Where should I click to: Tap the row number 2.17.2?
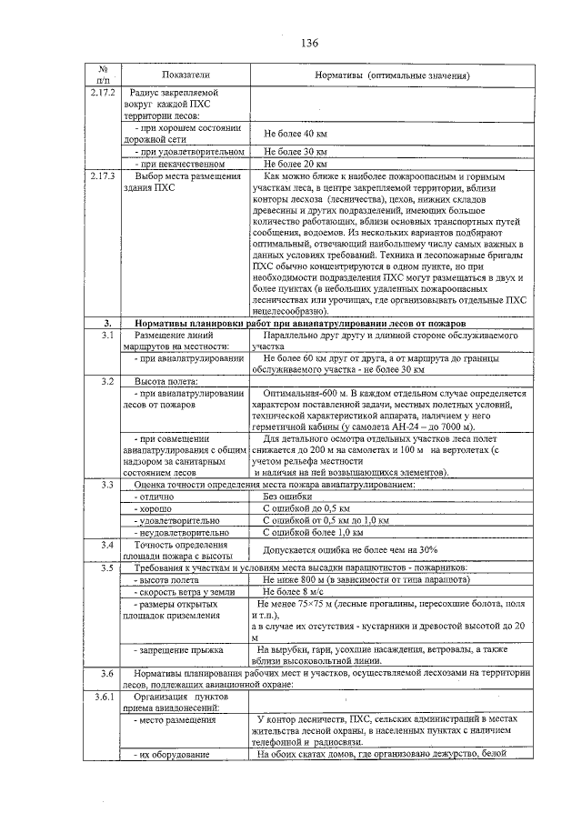click(105, 92)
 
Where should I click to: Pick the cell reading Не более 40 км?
click(295, 134)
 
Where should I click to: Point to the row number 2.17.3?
click(105, 175)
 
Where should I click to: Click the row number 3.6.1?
click(105, 696)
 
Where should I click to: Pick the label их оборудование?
click(169, 754)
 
